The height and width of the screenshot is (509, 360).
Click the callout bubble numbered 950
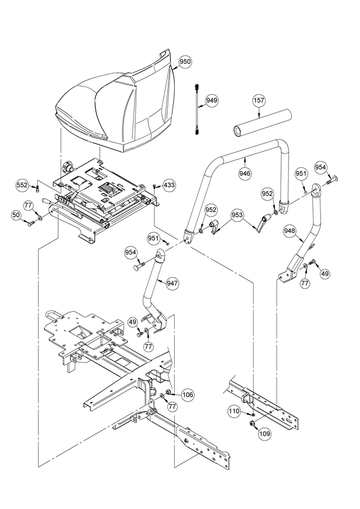185,61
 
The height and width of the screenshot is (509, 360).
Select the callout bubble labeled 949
211,101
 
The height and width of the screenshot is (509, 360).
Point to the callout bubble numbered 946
245,173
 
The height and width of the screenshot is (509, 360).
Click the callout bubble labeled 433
169,185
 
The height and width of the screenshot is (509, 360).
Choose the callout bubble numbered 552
23,185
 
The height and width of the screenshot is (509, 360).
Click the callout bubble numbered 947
172,284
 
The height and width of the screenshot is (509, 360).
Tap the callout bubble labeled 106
187,395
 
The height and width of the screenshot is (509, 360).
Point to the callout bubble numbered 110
233,411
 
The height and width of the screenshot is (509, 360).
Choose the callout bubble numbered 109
265,433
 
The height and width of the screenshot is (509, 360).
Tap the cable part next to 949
198,110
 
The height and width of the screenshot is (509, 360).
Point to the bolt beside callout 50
31,223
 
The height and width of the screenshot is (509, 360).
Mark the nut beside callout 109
253,422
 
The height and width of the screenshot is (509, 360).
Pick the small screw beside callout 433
156,187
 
